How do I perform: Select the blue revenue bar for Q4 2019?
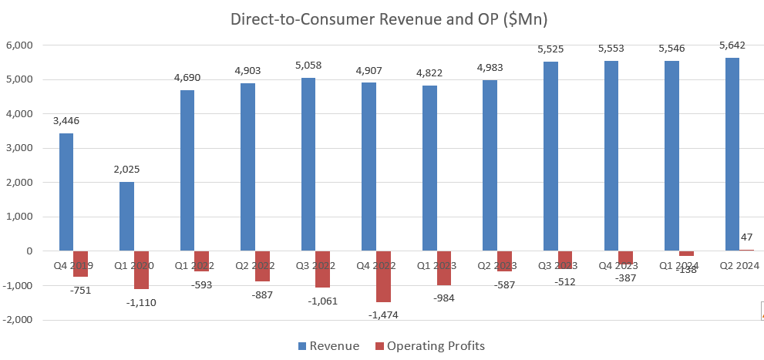point(66,192)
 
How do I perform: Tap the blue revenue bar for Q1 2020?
point(126,217)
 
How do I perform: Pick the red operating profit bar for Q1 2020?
point(141,270)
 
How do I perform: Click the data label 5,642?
point(732,45)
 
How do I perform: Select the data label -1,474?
point(383,315)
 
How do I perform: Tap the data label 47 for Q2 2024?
point(746,238)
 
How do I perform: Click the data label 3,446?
point(66,120)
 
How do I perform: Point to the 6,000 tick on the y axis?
point(19,45)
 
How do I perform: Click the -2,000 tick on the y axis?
point(17,320)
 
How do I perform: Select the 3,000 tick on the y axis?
point(19,148)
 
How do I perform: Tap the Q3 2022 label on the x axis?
point(316,265)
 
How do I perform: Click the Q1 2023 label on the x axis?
point(437,265)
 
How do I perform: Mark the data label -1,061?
point(323,301)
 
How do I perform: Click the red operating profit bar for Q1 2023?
point(444,267)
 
